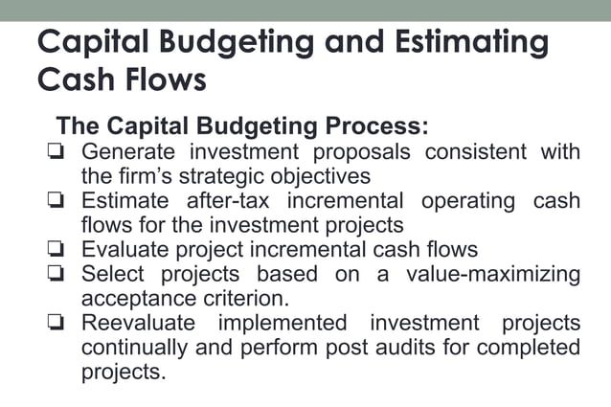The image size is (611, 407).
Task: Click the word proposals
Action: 353,152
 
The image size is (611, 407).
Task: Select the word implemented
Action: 282,323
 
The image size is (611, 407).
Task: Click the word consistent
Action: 472,152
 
